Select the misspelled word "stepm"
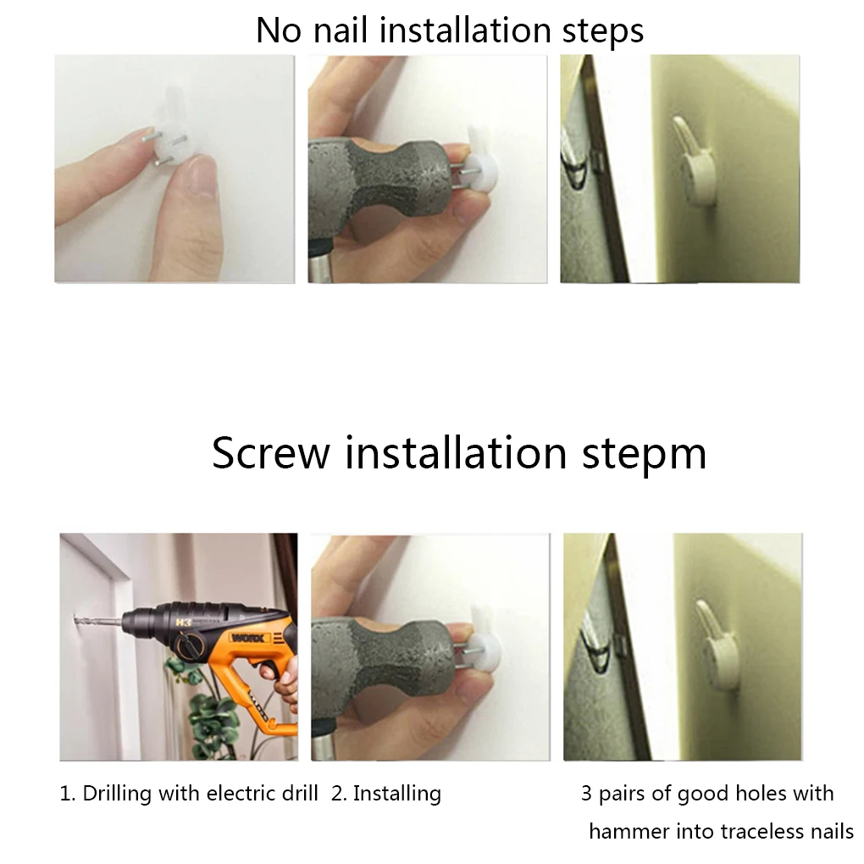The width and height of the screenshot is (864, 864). pos(644,455)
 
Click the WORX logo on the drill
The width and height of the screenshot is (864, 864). pos(251,638)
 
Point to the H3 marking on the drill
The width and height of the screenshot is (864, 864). pos(184,623)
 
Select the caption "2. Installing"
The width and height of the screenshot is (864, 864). pos(386,794)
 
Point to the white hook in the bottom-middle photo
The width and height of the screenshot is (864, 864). pos(484,640)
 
